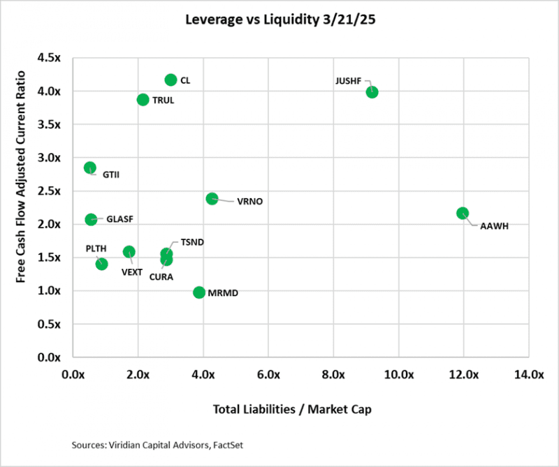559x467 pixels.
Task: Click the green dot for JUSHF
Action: coord(372,91)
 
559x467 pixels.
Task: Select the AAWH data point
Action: coord(463,213)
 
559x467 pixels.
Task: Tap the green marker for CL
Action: coord(170,80)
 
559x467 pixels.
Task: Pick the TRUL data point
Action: coord(143,100)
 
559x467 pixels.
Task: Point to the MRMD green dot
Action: coord(199,292)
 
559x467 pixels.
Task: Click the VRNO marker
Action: coord(212,199)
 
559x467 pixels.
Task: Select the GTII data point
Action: coord(89,168)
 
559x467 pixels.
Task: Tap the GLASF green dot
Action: coord(91,219)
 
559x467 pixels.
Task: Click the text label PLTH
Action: coord(96,248)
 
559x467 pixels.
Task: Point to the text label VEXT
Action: coord(133,272)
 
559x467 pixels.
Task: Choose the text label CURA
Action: coord(161,276)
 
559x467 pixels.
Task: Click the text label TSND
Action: coord(192,242)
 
